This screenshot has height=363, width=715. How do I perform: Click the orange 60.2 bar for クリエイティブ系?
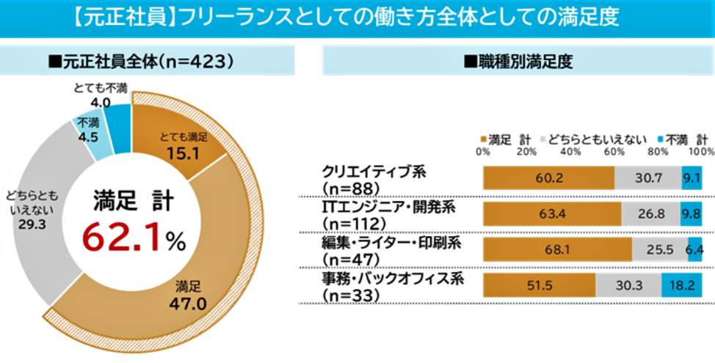548,178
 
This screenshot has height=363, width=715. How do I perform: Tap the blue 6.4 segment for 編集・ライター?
695,249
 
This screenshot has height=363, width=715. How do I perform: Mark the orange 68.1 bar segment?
556,249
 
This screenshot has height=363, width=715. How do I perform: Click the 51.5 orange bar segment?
538,285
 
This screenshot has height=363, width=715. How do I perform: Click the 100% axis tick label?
701,151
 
